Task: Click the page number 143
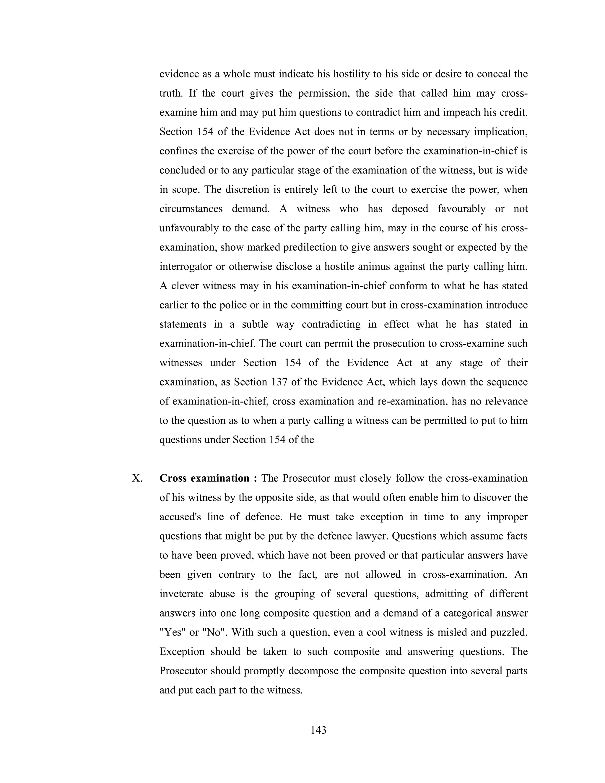point(318,730)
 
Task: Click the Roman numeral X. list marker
point(137,479)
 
